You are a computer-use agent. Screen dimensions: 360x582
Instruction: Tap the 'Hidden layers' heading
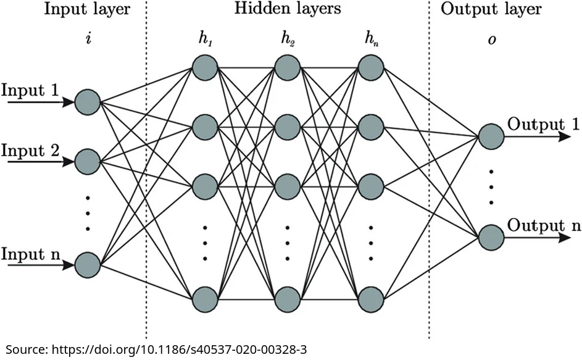pos(288,10)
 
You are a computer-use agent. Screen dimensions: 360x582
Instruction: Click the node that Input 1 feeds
pos(87,103)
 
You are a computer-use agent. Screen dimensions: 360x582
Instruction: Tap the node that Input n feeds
pos(87,265)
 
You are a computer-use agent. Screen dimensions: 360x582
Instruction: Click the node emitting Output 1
pos(491,136)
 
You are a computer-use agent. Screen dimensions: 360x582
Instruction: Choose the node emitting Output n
pos(491,237)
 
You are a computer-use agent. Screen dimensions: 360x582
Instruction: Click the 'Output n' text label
pos(544,225)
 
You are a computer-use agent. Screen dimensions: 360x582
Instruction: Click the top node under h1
pos(204,68)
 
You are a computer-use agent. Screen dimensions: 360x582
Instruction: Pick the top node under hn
pos(371,68)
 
